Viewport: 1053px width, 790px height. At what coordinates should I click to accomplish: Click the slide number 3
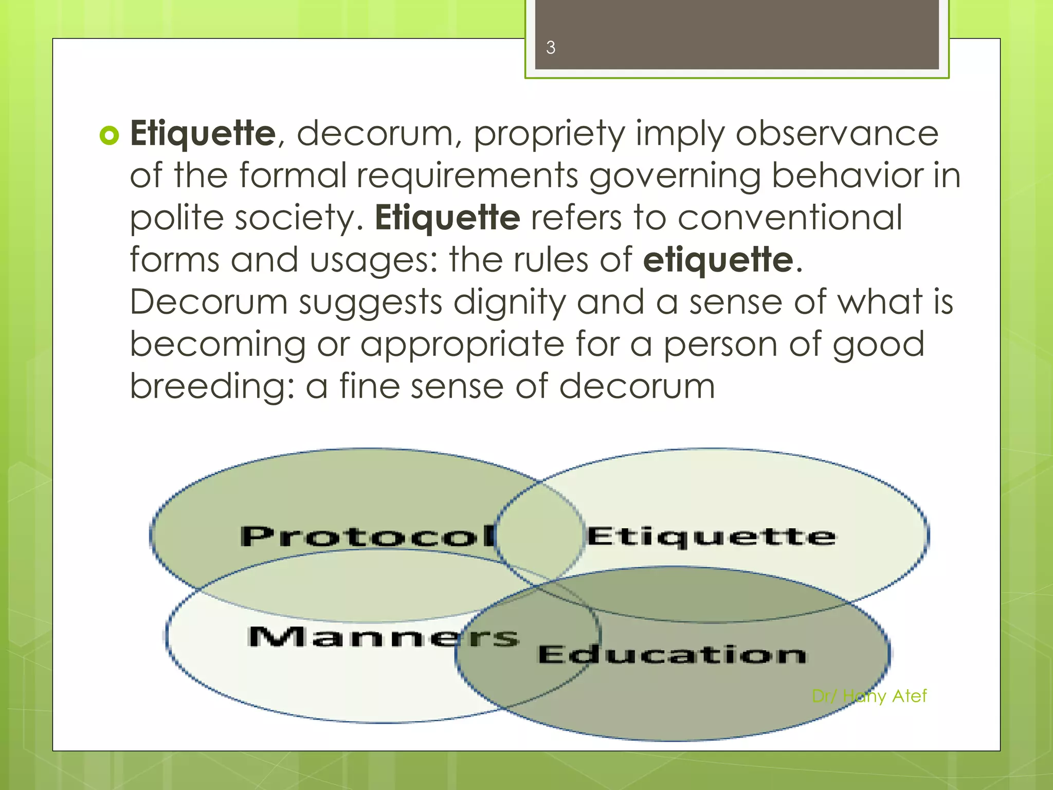[x=551, y=48]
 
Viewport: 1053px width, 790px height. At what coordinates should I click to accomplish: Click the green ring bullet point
[x=109, y=135]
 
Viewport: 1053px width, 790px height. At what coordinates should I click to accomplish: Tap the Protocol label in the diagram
[x=368, y=536]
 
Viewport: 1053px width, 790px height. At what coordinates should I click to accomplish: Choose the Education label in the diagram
[x=671, y=654]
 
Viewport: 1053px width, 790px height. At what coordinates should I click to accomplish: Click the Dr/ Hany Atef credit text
[x=869, y=696]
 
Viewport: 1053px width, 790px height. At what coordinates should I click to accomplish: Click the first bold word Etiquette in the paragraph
[x=204, y=134]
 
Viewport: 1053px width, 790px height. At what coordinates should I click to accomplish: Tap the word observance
[x=837, y=134]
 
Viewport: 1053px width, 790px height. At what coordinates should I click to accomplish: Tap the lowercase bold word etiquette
[x=718, y=260]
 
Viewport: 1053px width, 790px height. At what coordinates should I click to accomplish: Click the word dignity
[x=509, y=302]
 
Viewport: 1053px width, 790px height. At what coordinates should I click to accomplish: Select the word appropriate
[x=462, y=345]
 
